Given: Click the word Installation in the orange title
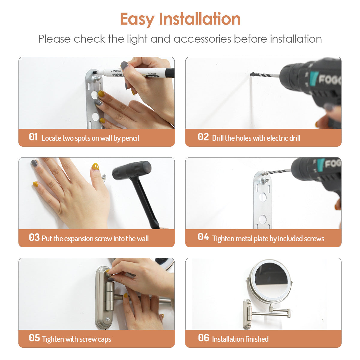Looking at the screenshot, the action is click(199, 19).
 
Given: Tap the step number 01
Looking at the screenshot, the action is click(33, 137).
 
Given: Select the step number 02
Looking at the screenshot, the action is click(203, 137).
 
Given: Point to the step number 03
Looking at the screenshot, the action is click(34, 237).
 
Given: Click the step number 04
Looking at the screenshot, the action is click(203, 237).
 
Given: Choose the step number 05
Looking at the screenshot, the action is click(34, 338).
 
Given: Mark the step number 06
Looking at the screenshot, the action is click(203, 338).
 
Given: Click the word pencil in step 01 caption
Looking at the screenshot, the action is click(130, 138).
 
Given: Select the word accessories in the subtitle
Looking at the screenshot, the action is click(202, 39).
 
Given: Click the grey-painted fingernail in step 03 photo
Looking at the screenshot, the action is click(34, 163).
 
